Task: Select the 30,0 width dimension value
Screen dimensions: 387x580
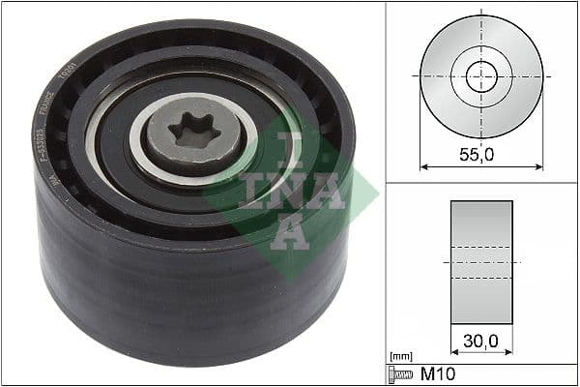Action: tap(480, 341)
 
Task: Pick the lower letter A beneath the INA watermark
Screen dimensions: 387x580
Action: tap(289, 233)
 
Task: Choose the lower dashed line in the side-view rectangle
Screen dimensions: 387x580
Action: tap(480, 279)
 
